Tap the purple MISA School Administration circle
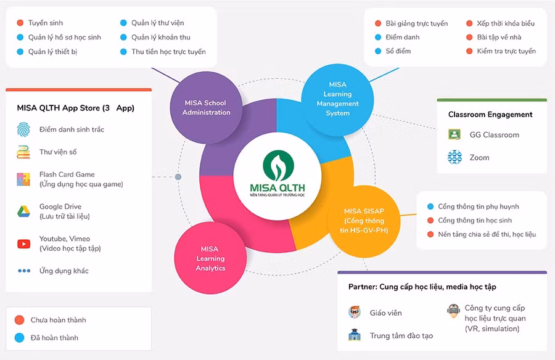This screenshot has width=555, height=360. (x=206, y=108)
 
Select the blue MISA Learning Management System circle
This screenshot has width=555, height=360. (x=337, y=99)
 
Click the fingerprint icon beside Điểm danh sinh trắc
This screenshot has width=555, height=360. (x=24, y=129)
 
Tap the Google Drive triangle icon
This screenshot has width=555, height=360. (x=24, y=211)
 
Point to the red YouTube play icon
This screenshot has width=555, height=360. (x=24, y=243)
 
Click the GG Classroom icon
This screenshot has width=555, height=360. (x=454, y=135)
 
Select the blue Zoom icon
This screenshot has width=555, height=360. (x=454, y=158)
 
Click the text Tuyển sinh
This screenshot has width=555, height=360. (x=46, y=23)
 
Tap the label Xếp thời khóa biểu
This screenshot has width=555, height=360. (x=505, y=23)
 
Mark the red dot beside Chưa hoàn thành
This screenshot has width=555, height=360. (x=19, y=320)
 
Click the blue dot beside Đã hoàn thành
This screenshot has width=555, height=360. (x=19, y=338)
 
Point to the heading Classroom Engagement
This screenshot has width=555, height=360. (x=490, y=115)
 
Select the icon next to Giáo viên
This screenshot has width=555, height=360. (x=354, y=313)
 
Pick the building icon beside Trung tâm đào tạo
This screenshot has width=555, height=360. (x=354, y=335)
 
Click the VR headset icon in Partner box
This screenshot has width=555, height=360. (x=453, y=311)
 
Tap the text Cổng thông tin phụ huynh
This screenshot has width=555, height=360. (x=478, y=207)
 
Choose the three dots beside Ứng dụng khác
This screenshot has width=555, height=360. (x=24, y=271)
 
